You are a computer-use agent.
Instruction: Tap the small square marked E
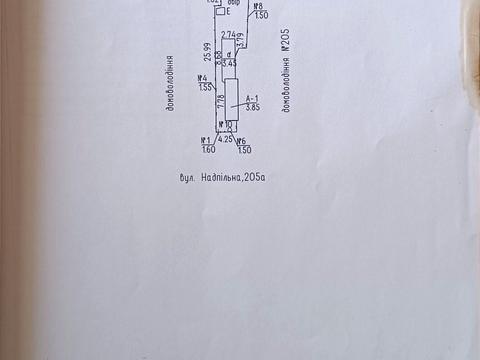(221, 12)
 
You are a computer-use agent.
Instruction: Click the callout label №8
(258, 6)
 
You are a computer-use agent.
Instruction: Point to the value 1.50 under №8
(261, 16)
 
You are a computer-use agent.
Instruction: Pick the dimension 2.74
(229, 33)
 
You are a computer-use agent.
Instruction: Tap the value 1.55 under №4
(207, 88)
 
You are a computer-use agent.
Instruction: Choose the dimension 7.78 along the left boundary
(217, 96)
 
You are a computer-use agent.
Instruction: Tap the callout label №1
(206, 140)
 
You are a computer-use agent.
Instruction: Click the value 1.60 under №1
(209, 150)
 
